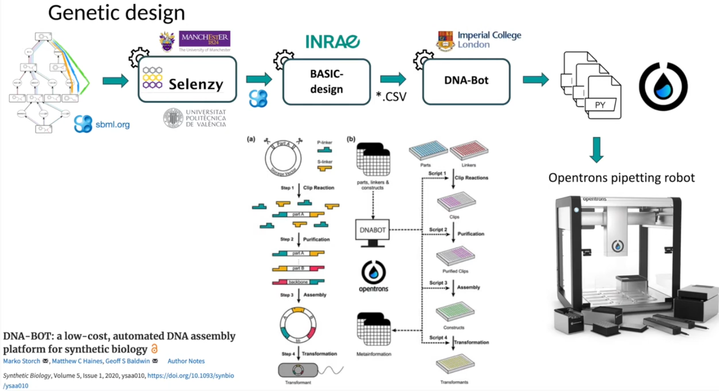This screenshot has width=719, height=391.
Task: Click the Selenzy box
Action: [188, 80]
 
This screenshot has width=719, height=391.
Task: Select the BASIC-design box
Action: [327, 81]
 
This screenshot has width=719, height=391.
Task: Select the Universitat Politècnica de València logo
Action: [195, 117]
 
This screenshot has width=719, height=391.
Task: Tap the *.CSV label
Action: [392, 97]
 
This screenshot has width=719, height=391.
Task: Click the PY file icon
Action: [601, 105]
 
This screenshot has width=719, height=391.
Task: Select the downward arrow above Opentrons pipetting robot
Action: [597, 150]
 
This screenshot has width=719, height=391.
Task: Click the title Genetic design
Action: [116, 13]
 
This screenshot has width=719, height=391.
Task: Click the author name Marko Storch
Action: [21, 361]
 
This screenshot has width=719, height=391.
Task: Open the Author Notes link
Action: [186, 361]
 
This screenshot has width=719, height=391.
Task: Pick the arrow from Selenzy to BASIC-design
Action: [259, 80]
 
